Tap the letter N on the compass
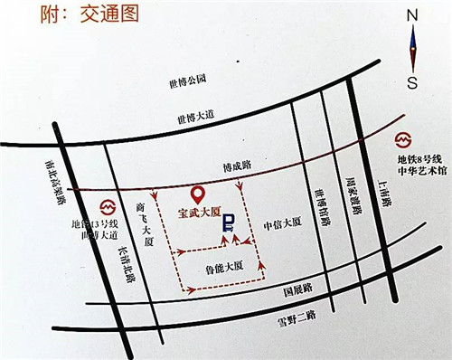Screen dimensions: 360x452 coord(412,14)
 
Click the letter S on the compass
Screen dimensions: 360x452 coord(412,85)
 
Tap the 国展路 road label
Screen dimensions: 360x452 coord(297,289)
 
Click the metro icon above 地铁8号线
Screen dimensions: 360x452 coord(405,141)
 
